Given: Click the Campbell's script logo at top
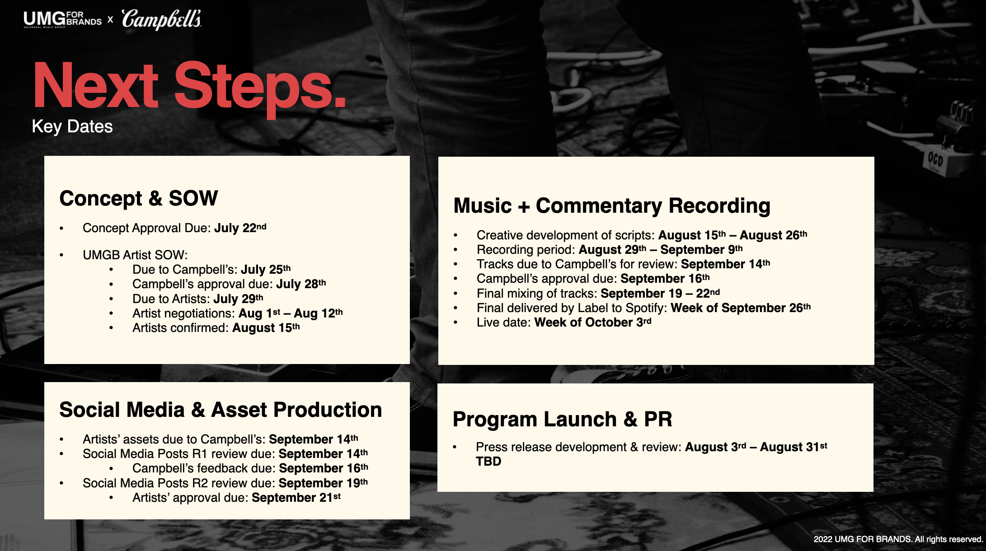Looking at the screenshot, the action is pyautogui.click(x=161, y=19).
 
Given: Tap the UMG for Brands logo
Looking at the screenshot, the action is pyautogui.click(x=63, y=19).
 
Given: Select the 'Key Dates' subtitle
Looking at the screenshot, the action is pyautogui.click(x=72, y=126).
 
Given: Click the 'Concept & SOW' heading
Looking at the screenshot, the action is pyautogui.click(x=139, y=198).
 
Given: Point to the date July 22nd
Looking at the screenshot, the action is pyautogui.click(x=240, y=228).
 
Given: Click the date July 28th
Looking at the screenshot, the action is pyautogui.click(x=301, y=284).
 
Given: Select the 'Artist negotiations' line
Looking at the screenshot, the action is pyautogui.click(x=238, y=313).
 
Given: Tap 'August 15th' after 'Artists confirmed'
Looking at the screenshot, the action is pyautogui.click(x=266, y=328).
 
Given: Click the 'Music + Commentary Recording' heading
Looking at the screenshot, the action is pyautogui.click(x=612, y=206).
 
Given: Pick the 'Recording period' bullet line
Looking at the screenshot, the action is pyautogui.click(x=610, y=250).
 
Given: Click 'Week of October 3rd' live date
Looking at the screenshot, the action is pyautogui.click(x=593, y=322).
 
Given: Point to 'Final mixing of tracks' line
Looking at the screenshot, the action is pyautogui.click(x=598, y=294).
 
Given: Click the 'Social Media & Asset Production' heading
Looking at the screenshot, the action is pyautogui.click(x=221, y=410).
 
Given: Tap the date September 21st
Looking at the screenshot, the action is pyautogui.click(x=296, y=498).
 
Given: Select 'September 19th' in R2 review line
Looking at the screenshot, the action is pyautogui.click(x=324, y=483).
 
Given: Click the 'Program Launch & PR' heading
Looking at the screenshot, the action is pyautogui.click(x=563, y=419).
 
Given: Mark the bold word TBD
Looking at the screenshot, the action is pyautogui.click(x=488, y=462).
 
